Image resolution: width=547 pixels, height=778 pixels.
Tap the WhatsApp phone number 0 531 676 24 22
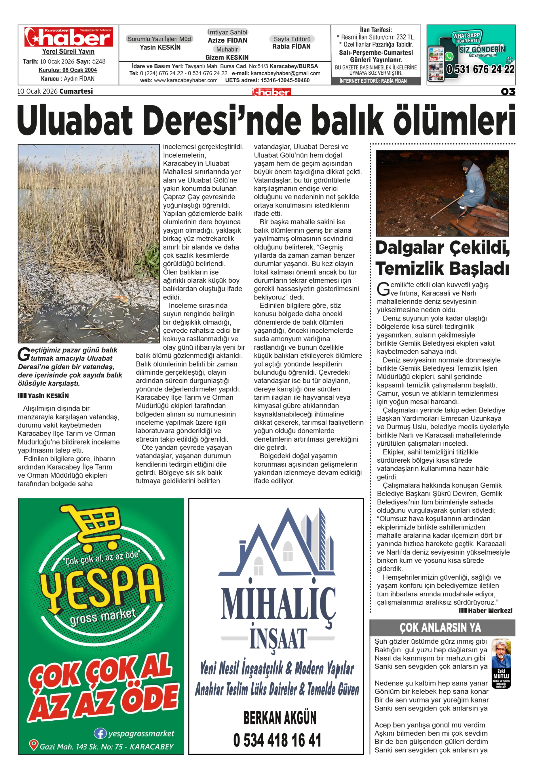[x=480, y=69]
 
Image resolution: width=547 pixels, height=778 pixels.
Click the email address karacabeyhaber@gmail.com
[x=285, y=73]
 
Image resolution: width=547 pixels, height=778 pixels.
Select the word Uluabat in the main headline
[x=75, y=120]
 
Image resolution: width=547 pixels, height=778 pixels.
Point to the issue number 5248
[x=99, y=61]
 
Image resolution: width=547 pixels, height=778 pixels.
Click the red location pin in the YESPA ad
[x=33, y=745]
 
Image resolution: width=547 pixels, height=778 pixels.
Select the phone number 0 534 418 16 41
[x=277, y=741]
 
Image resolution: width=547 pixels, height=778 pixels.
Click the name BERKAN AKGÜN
[x=280, y=717]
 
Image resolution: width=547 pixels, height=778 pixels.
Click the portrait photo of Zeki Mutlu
[x=501, y=656]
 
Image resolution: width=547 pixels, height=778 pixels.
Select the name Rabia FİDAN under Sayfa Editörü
[x=291, y=46]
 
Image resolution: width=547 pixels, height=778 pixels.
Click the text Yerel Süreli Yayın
[x=68, y=52]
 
